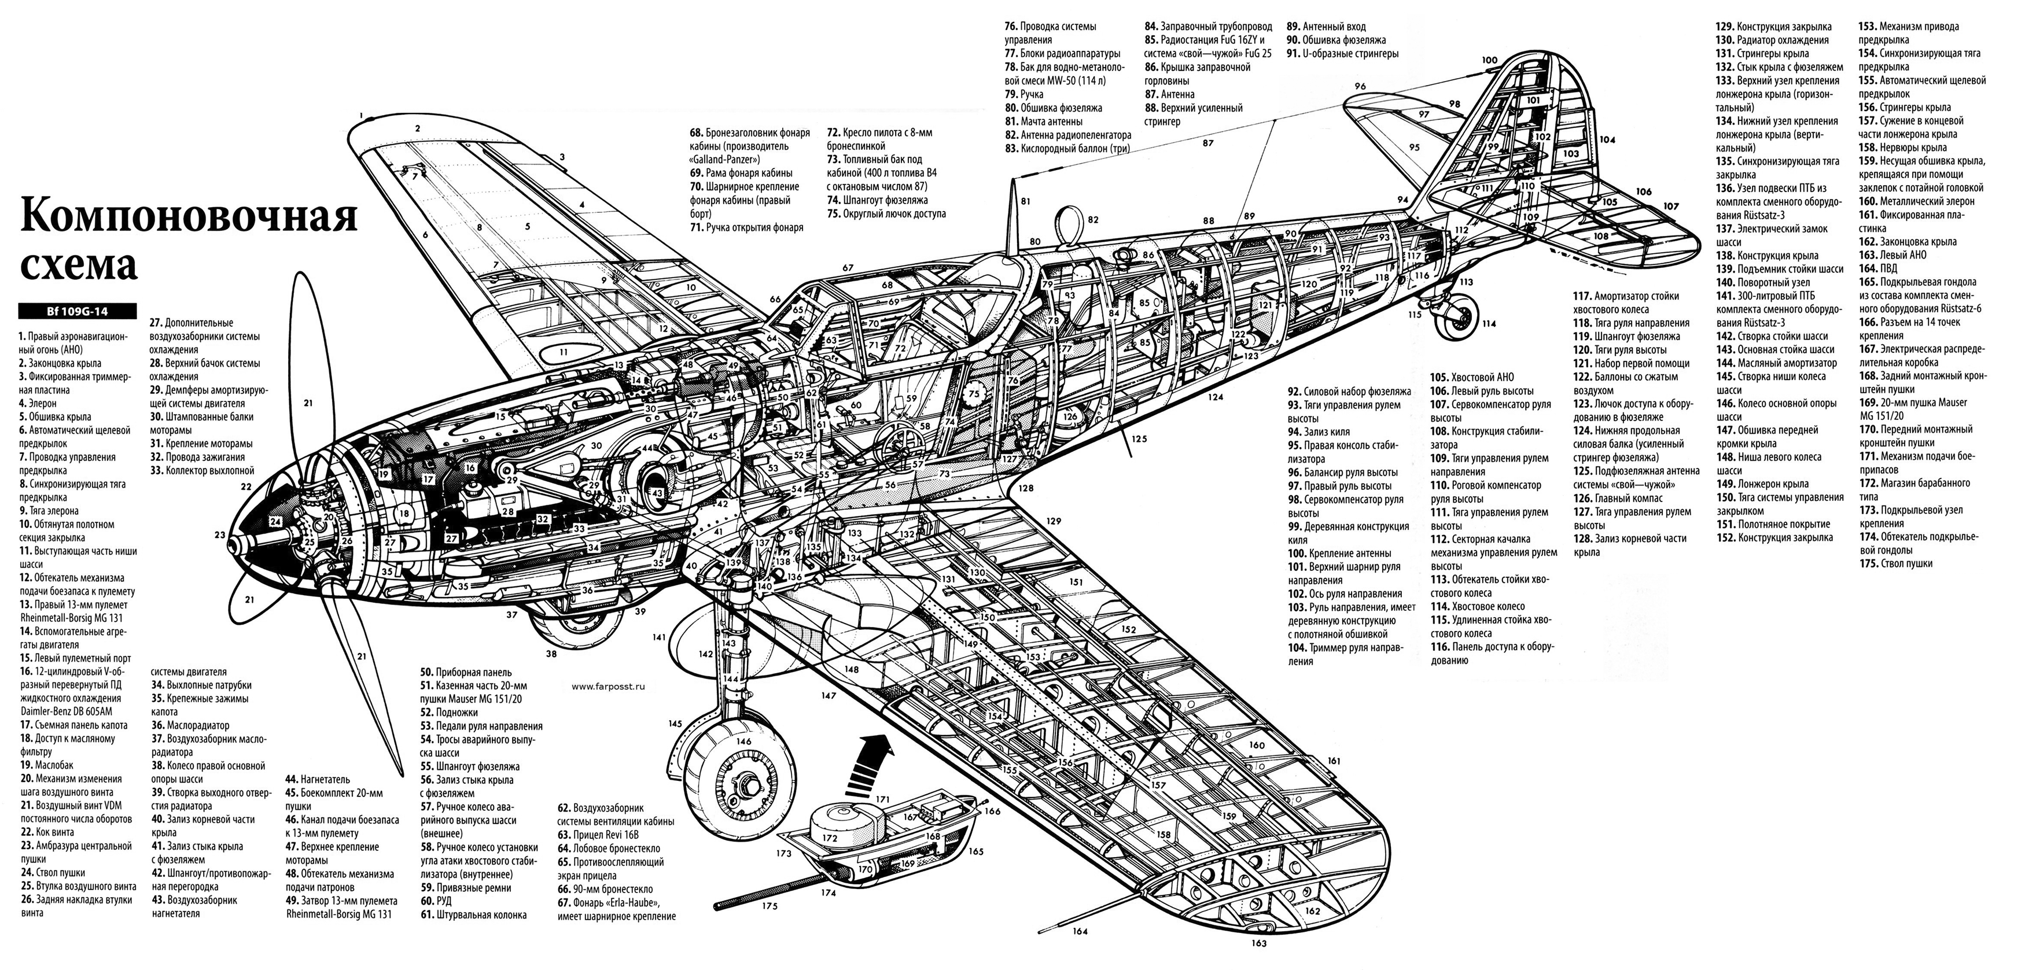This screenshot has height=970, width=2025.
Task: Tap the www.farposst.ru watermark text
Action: (x=609, y=686)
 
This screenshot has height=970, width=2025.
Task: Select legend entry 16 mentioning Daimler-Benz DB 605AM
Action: (x=70, y=692)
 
